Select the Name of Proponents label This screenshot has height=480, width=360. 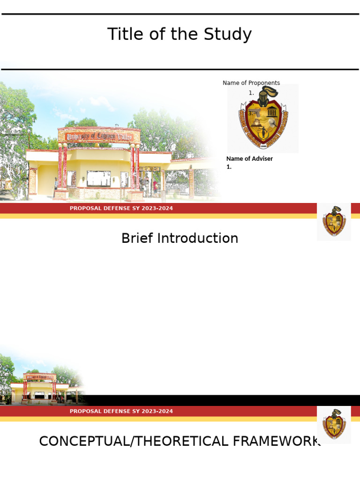(x=251, y=83)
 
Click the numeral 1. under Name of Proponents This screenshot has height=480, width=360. (x=251, y=93)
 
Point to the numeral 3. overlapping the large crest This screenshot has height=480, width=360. (x=251, y=113)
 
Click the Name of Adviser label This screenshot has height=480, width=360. (x=249, y=158)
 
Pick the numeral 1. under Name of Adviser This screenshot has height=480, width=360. (x=229, y=166)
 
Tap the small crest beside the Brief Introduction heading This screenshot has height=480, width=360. (x=334, y=222)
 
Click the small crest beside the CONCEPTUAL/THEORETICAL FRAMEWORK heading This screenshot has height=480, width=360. (x=334, y=425)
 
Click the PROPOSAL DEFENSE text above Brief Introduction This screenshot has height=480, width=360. (x=121, y=208)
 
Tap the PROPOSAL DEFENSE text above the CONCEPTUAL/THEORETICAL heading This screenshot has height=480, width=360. (x=121, y=411)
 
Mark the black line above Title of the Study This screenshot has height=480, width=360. (x=180, y=14)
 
